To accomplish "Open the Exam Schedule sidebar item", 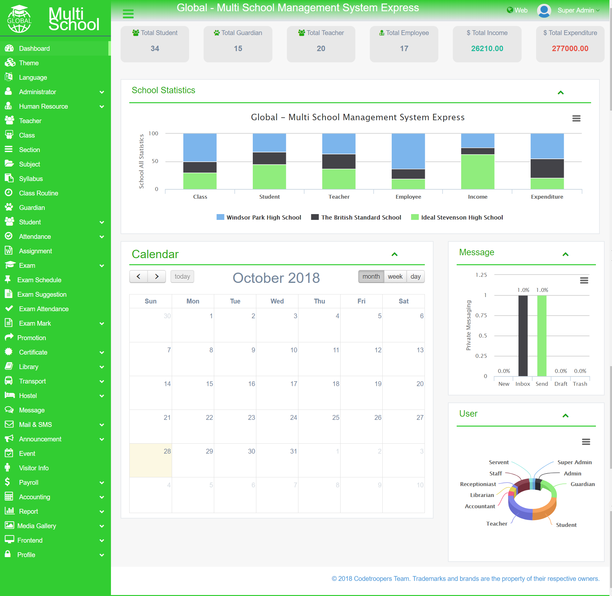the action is (x=39, y=280).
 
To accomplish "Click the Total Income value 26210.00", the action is (x=487, y=49).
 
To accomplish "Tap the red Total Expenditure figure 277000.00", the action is (x=570, y=49).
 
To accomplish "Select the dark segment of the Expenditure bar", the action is (x=547, y=168).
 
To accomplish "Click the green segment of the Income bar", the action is (x=478, y=172).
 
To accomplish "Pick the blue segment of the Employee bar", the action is (x=408, y=151).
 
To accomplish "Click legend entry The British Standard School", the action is (x=356, y=217).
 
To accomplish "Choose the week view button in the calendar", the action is (x=395, y=276).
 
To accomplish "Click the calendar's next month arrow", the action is (x=157, y=276).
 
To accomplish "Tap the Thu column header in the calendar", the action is (x=319, y=301).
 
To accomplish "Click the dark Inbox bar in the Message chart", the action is (x=523, y=336).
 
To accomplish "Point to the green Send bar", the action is (x=542, y=336).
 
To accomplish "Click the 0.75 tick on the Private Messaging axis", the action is (x=481, y=315).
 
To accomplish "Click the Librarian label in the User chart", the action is (x=482, y=495).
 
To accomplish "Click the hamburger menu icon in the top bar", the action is (x=128, y=14).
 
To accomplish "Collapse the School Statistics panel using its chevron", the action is (x=561, y=93).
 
